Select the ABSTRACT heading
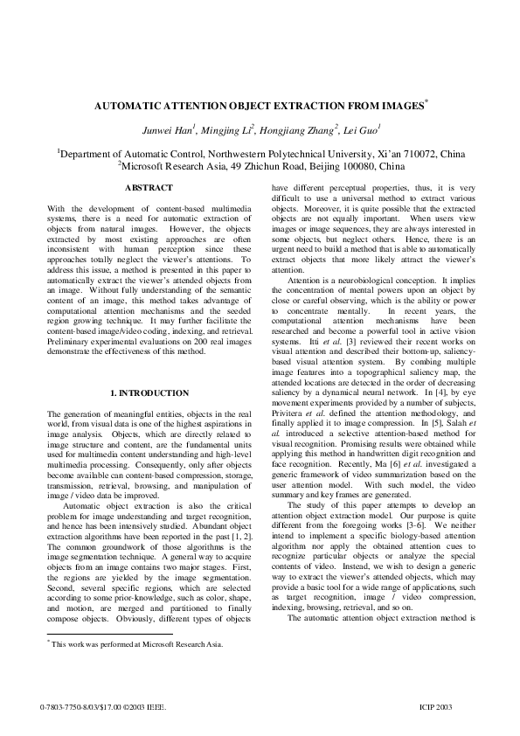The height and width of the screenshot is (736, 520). point(149,188)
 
